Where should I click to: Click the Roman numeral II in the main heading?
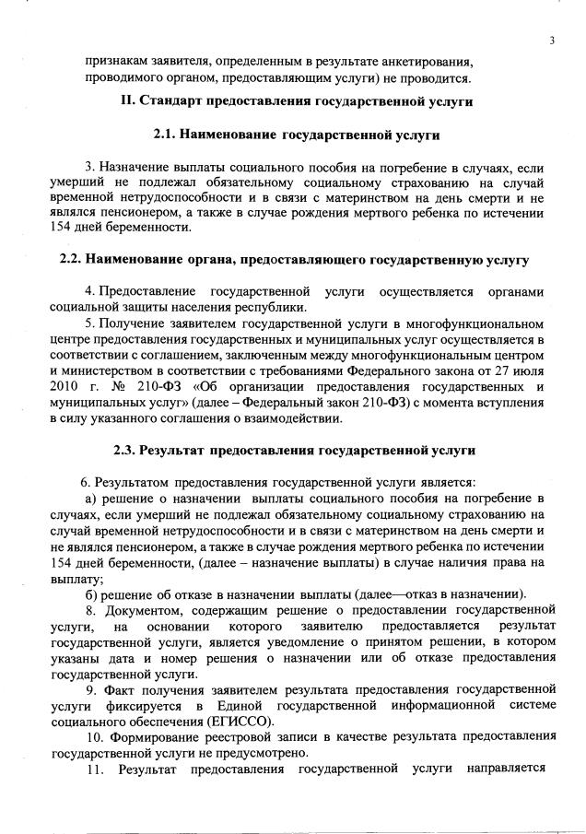click(x=127, y=100)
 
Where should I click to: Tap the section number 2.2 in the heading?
click(x=72, y=260)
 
